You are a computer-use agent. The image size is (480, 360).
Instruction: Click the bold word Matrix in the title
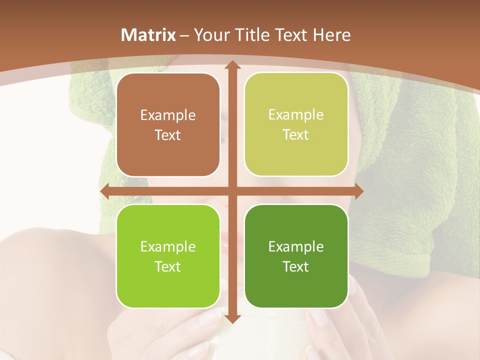148,35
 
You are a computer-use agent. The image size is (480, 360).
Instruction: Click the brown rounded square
168,125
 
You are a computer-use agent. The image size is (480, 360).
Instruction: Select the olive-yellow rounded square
296,124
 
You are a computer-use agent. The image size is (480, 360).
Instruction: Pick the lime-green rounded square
168,256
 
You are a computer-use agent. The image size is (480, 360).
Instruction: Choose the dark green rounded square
296,256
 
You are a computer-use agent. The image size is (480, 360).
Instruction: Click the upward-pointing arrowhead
231,65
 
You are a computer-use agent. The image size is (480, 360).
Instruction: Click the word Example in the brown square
168,115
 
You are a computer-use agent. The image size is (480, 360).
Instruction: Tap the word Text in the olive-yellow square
296,135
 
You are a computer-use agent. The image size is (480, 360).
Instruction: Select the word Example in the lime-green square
168,247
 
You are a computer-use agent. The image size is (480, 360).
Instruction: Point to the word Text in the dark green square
296,266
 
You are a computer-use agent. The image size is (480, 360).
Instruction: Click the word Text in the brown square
168,135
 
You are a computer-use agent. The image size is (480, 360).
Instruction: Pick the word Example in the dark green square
296,246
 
